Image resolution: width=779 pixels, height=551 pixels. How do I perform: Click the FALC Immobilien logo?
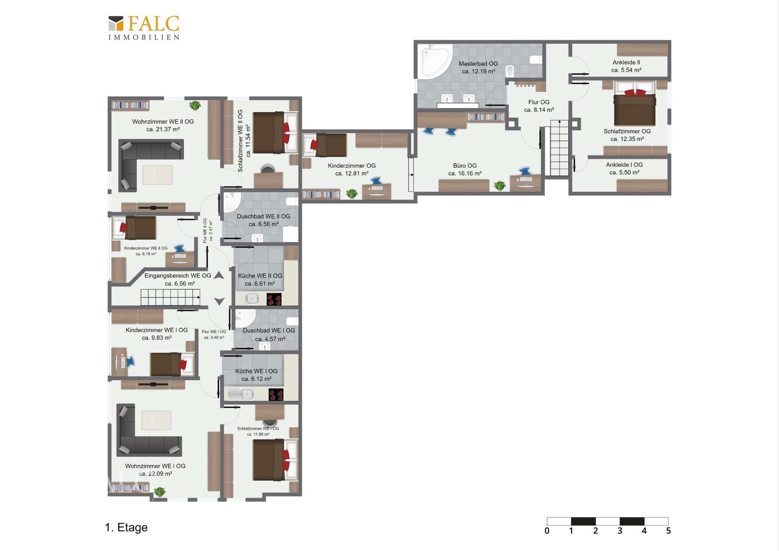click(144, 28)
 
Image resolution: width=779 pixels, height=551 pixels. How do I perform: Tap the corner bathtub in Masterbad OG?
click(435, 61)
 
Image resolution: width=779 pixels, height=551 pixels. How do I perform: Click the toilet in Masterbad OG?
click(510, 71)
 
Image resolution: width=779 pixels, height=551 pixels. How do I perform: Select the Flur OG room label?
click(539, 106)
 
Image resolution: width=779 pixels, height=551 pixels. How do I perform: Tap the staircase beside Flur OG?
click(560, 148)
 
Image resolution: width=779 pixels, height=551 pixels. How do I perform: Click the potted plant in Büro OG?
click(500, 186)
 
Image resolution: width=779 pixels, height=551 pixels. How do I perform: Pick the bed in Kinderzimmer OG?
click(325, 145)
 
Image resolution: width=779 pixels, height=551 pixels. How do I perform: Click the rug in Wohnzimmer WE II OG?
click(157, 175)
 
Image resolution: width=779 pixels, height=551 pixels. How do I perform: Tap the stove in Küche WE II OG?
click(274, 299)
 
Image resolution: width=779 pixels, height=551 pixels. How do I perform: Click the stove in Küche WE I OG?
click(276, 394)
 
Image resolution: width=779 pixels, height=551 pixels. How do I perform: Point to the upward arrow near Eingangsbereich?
click(219, 275)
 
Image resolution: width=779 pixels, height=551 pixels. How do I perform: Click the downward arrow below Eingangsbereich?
click(219, 301)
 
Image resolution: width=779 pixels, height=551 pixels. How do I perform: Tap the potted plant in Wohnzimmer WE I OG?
click(160, 492)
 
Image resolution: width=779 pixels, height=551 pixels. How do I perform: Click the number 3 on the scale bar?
click(620, 531)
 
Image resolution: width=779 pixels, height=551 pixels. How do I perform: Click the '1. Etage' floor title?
click(126, 527)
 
